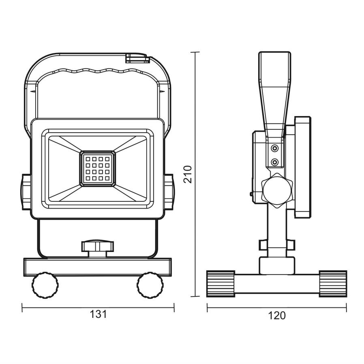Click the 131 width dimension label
click(x=98, y=314)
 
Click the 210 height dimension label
click(x=188, y=174)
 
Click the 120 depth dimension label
click(x=277, y=315)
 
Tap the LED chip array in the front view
click(x=98, y=169)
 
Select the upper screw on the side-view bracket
click(x=275, y=148)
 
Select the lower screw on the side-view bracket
click(x=275, y=162)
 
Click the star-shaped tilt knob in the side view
click(x=276, y=190)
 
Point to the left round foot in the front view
click(x=45, y=285)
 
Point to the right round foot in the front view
click(x=150, y=285)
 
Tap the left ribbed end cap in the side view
click(x=221, y=284)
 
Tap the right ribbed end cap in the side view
click(x=333, y=284)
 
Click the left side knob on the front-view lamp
click(x=26, y=192)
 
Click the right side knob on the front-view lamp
click(x=169, y=192)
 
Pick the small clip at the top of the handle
click(x=137, y=58)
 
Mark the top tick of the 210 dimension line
click(x=195, y=52)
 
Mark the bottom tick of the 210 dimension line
click(x=195, y=296)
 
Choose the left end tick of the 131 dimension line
click(x=22, y=308)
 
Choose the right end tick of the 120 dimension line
click(x=347, y=308)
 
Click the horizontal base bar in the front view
click(x=98, y=267)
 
